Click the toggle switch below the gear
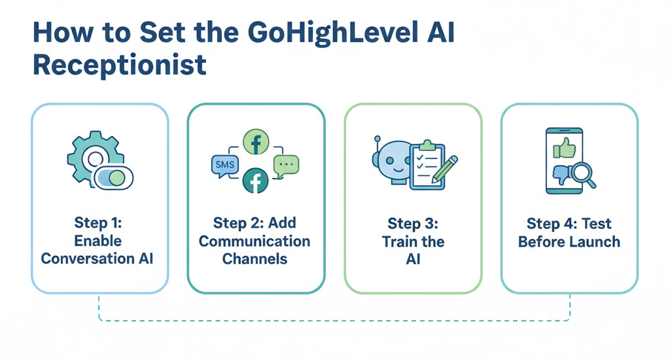pos(114,177)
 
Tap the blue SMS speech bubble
pos(224,165)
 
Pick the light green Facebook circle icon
pos(256,141)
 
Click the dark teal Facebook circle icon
pos(256,181)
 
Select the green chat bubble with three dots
pos(286,165)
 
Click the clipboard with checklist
pos(426,166)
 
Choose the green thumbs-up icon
pos(563,149)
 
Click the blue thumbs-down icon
pos(562,175)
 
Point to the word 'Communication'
pos(255,241)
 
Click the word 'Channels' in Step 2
pos(255,258)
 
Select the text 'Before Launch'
pos(569,241)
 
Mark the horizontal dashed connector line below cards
pos(334,321)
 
